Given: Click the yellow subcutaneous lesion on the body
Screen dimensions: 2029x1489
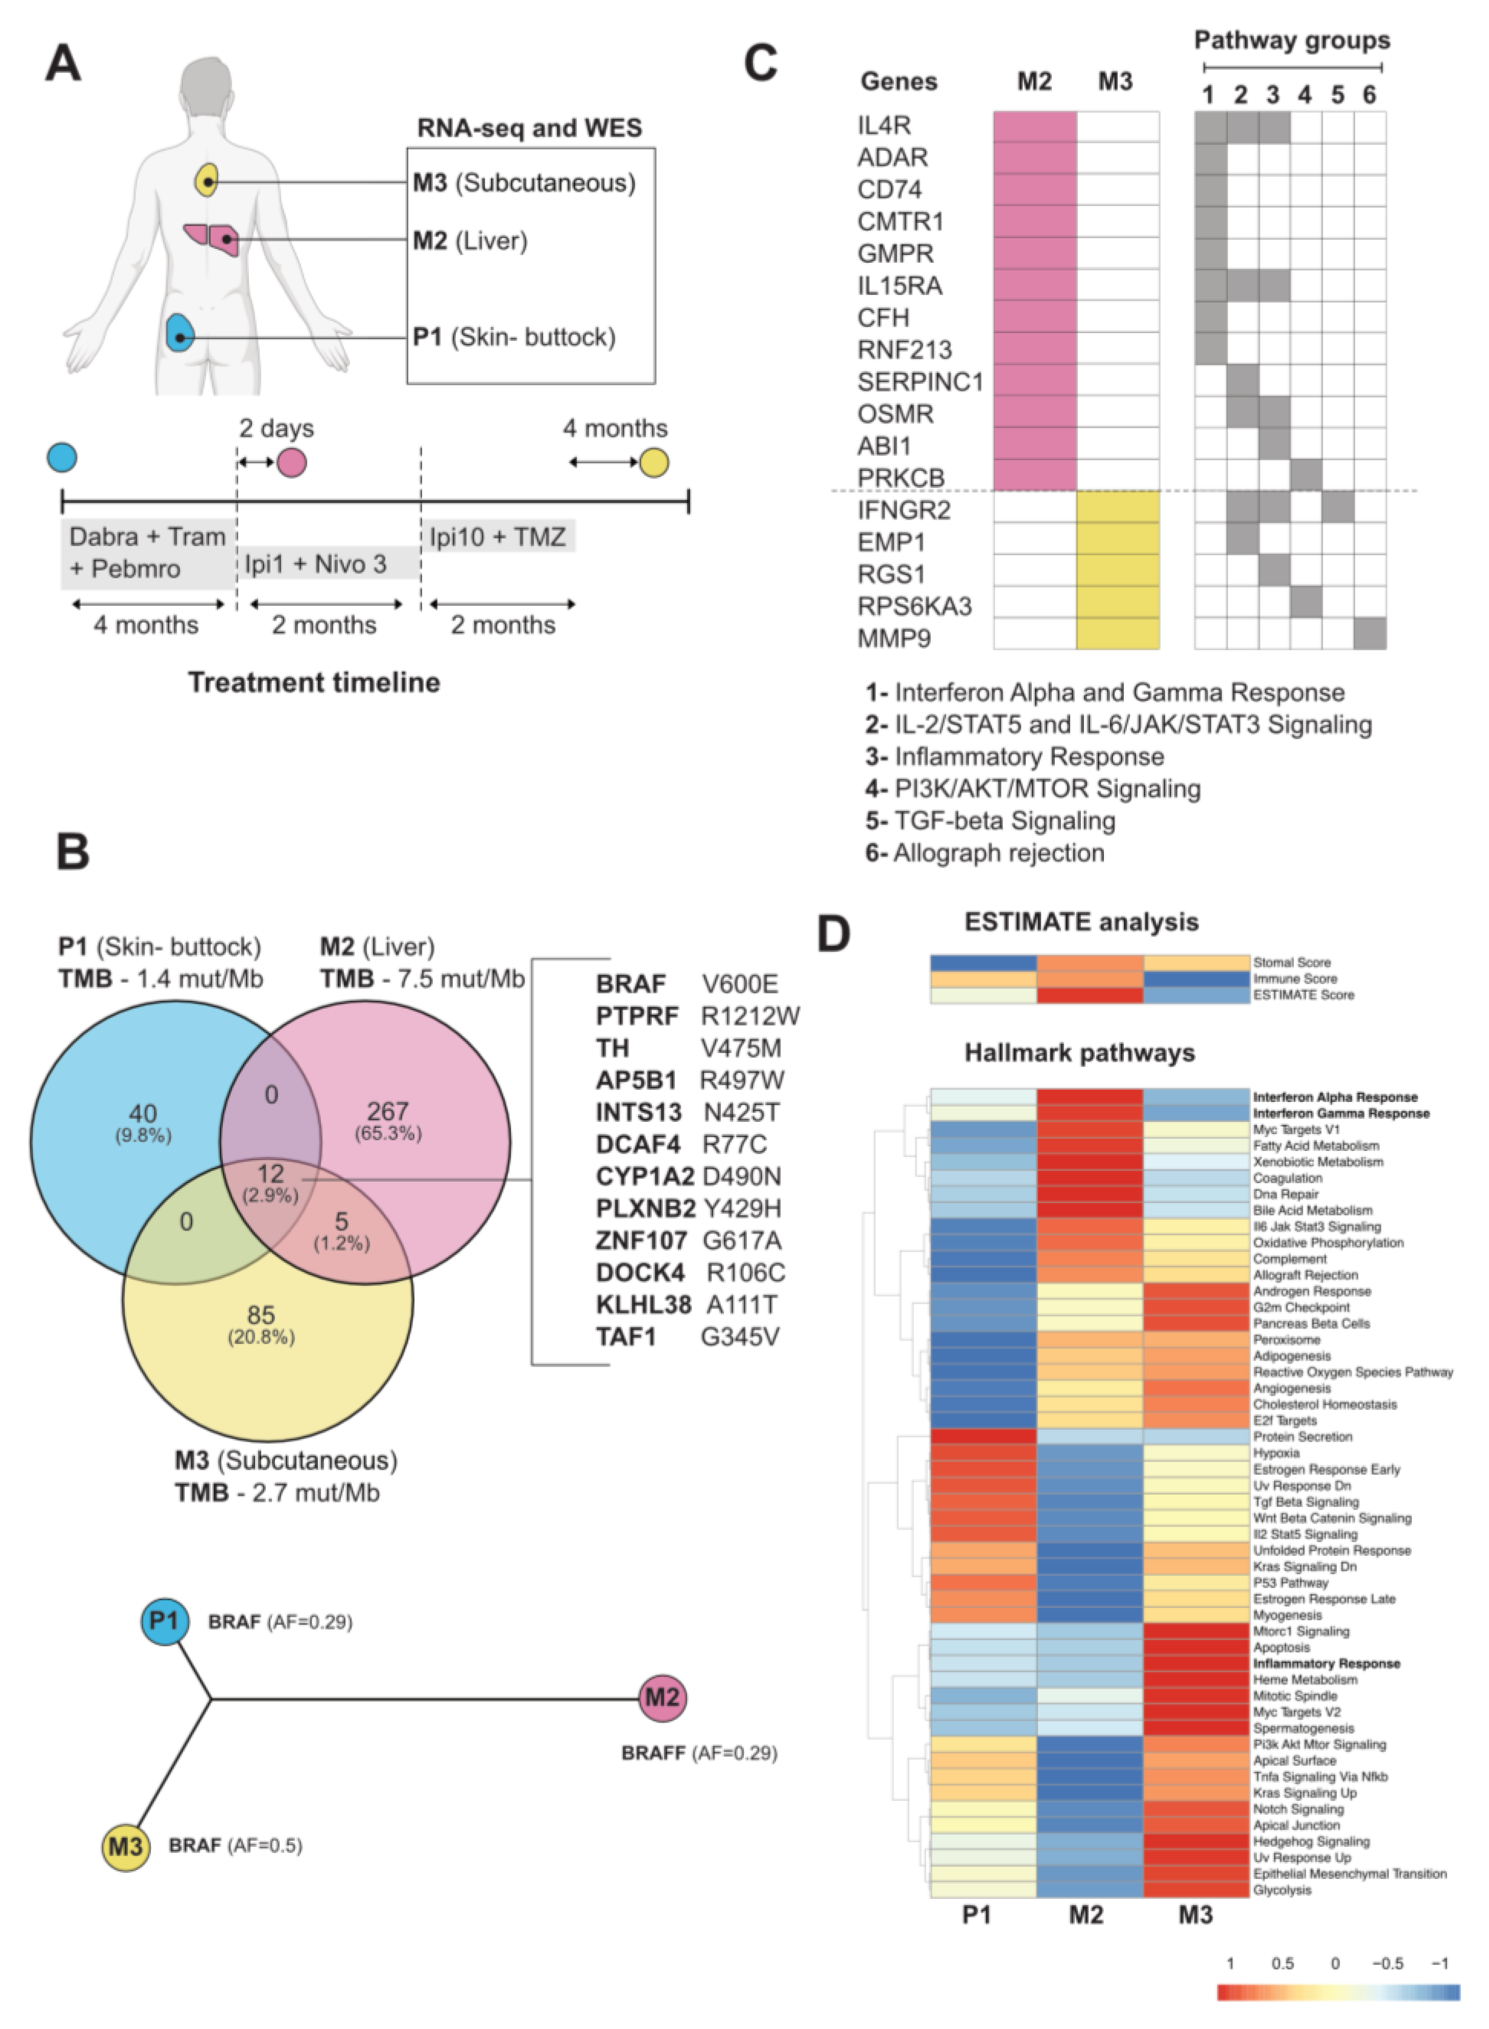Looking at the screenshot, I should (207, 180).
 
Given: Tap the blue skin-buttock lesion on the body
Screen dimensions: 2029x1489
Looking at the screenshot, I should (180, 334).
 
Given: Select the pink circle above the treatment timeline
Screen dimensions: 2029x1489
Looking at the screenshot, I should (291, 462).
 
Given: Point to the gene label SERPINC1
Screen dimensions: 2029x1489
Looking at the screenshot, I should (919, 382).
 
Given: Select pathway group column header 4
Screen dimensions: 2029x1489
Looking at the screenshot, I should (1304, 95).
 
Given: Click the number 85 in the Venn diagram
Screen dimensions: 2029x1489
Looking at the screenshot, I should (261, 1315).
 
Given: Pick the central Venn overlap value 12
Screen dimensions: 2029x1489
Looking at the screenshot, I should (270, 1173).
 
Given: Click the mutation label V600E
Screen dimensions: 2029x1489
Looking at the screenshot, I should (739, 984).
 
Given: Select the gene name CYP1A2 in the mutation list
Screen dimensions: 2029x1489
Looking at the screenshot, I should (644, 1176).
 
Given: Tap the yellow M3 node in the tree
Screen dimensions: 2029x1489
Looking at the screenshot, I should (125, 1846).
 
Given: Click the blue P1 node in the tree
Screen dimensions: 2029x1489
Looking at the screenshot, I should (165, 1621).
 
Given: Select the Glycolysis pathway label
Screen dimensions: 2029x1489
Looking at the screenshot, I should (1282, 1890).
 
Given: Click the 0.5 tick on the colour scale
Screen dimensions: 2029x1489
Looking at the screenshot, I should (1282, 1963).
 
